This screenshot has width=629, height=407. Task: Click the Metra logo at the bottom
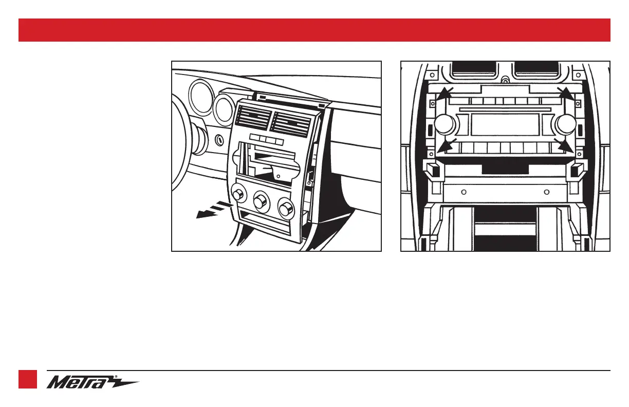tap(92, 383)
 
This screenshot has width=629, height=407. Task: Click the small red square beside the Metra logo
tap(28, 379)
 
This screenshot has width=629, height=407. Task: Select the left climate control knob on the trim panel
tap(238, 194)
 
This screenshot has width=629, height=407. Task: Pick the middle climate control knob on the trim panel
tap(261, 199)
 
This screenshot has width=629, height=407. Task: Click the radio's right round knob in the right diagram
tap(565, 124)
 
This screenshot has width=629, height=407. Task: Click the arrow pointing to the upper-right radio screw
tap(567, 95)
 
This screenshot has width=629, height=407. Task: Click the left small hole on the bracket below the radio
tap(464, 193)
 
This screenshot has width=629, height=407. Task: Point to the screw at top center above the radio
tap(505, 81)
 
